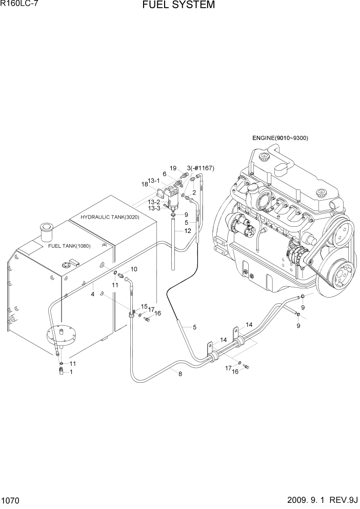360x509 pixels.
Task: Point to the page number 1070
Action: pos(12,500)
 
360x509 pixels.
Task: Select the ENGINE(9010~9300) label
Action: pos(280,138)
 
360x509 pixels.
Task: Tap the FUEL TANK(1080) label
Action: pos(69,246)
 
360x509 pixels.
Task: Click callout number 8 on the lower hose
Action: pos(179,374)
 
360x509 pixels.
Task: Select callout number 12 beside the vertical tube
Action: pos(187,231)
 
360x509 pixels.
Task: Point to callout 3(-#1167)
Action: pos(200,168)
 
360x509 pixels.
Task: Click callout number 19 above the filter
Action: pos(173,168)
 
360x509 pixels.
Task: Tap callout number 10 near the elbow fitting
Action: pos(133,269)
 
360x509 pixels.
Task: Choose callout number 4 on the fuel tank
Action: pos(92,295)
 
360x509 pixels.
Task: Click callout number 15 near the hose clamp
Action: pos(144,306)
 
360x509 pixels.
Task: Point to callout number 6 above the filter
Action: pos(164,174)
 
